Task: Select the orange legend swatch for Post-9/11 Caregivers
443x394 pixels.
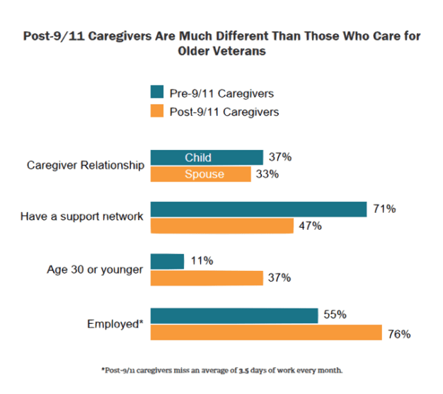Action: (x=157, y=111)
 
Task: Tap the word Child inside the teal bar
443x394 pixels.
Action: (x=198, y=158)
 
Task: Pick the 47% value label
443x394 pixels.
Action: (x=309, y=226)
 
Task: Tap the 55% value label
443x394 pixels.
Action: (x=334, y=315)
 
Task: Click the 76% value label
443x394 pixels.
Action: (x=398, y=332)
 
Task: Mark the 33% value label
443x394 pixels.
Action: (x=267, y=175)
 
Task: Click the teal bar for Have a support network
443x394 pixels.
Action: (x=259, y=209)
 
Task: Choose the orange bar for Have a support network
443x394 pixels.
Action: (x=222, y=226)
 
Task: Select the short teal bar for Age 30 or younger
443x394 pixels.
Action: (x=168, y=261)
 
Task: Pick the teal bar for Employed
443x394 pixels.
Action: (x=234, y=315)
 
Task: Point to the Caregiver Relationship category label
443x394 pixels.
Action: (x=86, y=166)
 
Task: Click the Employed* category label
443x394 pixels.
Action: (x=115, y=324)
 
